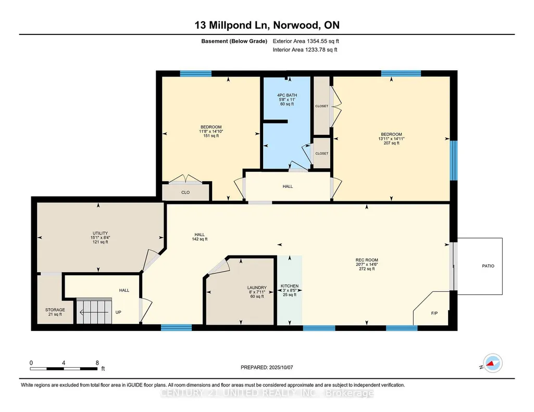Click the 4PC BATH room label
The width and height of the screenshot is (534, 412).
(287, 95)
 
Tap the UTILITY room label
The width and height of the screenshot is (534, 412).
(100, 233)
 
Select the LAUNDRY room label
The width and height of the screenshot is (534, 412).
(257, 288)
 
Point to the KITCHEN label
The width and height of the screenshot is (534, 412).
(290, 286)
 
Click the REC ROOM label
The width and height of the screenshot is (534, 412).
(367, 260)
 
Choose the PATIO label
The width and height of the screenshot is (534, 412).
(488, 266)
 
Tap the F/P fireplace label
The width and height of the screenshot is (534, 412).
(434, 313)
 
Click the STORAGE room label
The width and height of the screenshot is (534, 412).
(55, 310)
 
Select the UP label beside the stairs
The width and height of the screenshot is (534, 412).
(118, 312)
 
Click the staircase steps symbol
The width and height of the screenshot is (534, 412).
(94, 311)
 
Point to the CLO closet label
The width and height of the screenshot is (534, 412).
(185, 192)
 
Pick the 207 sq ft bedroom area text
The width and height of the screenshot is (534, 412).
(391, 143)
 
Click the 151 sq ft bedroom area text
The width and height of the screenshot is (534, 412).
(211, 136)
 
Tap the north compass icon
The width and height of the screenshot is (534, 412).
(493, 363)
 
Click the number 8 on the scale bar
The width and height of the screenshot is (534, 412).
(97, 363)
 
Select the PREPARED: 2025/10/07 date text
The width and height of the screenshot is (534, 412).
(267, 367)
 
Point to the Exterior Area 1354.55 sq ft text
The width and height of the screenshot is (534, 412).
(306, 41)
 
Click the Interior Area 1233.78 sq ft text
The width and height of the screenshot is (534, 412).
(305, 49)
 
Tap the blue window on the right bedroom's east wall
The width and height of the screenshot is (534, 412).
(454, 160)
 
